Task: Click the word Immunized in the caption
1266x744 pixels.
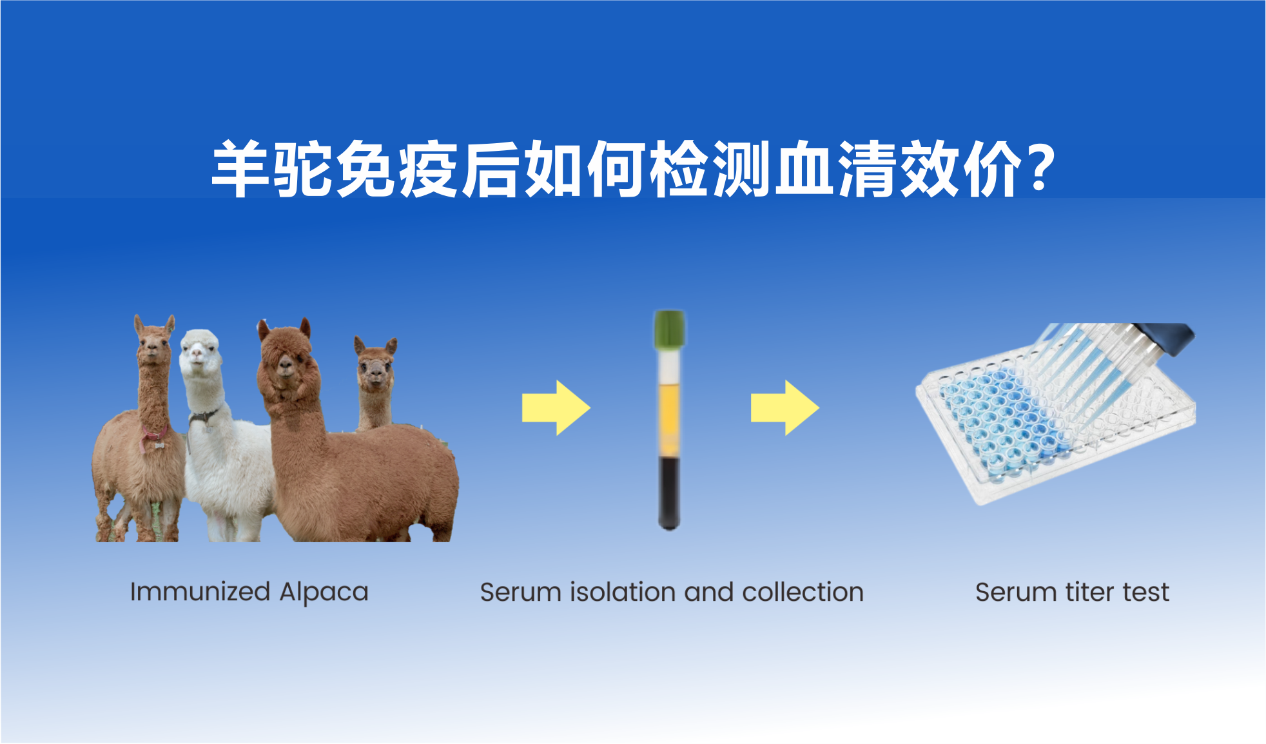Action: pyautogui.click(x=200, y=592)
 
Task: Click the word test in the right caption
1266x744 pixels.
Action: pyautogui.click(x=1145, y=592)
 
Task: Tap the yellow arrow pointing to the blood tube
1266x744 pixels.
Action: pyautogui.click(x=556, y=408)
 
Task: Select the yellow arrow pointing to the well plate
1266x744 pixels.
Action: pyautogui.click(x=785, y=408)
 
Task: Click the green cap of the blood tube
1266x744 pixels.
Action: pyautogui.click(x=670, y=329)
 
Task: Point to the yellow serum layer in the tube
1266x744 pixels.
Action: pyautogui.click(x=670, y=419)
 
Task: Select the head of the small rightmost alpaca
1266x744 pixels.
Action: pyautogui.click(x=375, y=364)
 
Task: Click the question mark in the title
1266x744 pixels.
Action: pyautogui.click(x=1040, y=168)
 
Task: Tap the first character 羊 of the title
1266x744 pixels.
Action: pyautogui.click(x=240, y=169)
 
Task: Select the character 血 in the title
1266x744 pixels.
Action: pyautogui.click(x=803, y=169)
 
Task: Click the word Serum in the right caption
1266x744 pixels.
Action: pyautogui.click(x=1016, y=592)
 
